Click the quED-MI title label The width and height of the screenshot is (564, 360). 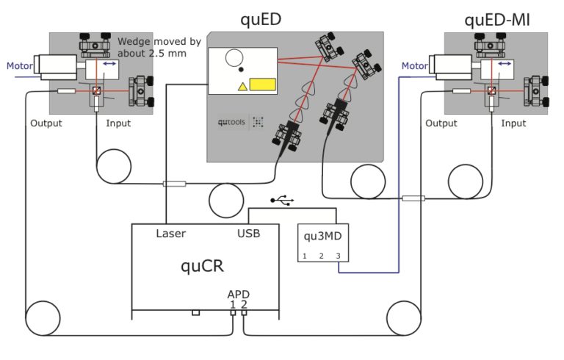click(497, 19)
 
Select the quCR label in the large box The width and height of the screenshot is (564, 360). click(202, 266)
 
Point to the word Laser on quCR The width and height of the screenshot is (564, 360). click(170, 234)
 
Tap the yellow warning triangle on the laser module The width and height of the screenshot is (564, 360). click(241, 87)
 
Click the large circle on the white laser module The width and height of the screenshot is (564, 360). click(234, 57)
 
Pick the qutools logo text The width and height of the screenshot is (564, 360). click(233, 122)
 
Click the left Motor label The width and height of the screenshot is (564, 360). click(19, 66)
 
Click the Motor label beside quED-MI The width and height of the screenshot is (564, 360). click(415, 66)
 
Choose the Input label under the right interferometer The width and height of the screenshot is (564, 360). click(513, 123)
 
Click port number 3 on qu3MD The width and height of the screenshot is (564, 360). click(338, 256)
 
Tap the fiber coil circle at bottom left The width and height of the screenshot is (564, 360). click(43, 317)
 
